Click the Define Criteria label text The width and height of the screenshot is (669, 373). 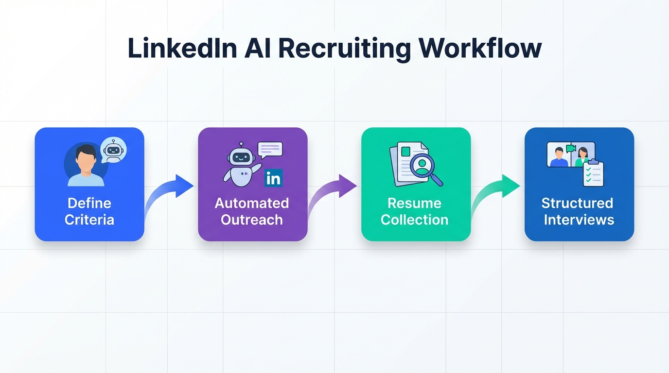point(89,211)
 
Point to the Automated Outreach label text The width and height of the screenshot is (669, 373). point(252,211)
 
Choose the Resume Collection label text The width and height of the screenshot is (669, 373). point(415,211)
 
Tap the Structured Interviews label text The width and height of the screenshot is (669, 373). point(579,211)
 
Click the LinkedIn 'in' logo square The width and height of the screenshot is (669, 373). point(273,178)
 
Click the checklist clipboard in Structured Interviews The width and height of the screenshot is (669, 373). point(593,173)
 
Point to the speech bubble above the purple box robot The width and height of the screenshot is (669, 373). point(270,150)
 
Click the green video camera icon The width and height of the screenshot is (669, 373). point(571,148)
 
